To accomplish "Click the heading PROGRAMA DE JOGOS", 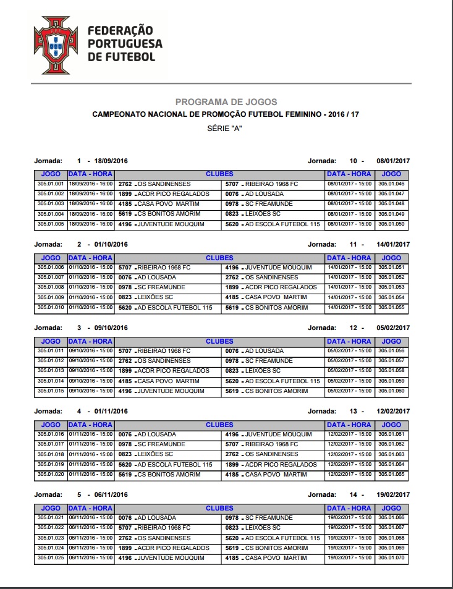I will coord(226,102).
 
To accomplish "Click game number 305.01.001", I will coord(51,184).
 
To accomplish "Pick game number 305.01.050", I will coord(391,224).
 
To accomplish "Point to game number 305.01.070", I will coord(391,558).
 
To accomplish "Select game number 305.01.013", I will coord(51,371).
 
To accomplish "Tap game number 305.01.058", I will coord(391,371).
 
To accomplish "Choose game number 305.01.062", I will coord(391,444).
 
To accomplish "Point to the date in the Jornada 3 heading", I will coord(111,328).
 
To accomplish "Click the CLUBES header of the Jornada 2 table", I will coord(219,258).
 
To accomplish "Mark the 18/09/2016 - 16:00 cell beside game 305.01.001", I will coord(90,184).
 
